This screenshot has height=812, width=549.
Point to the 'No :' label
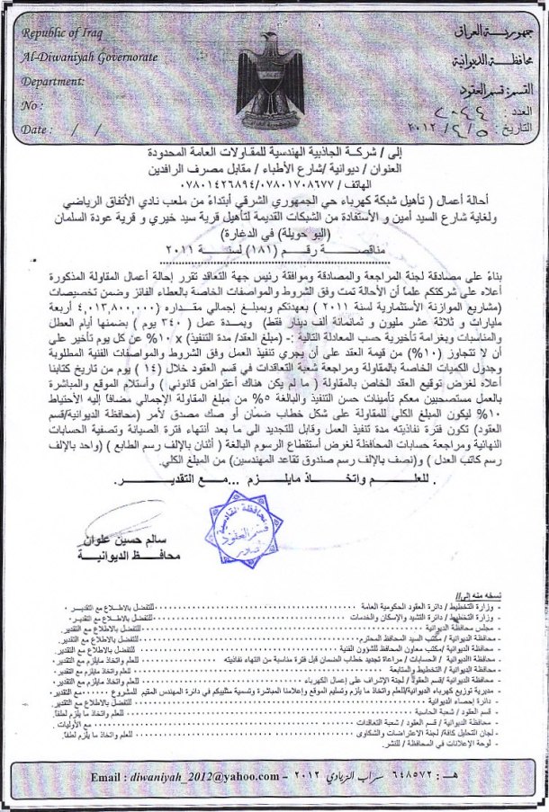[x=33, y=106]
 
